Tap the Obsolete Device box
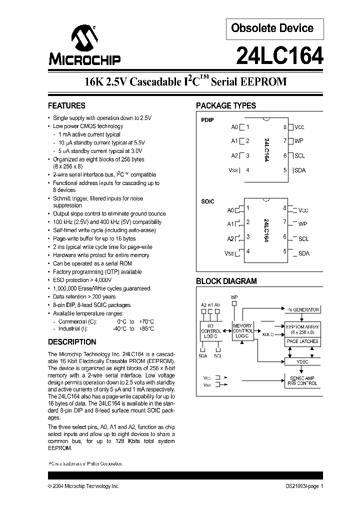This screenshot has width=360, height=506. coord(272,29)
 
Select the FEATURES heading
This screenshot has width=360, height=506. coord(66,106)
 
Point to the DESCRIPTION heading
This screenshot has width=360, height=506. coord(72,342)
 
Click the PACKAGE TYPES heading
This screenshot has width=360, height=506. coord(225,106)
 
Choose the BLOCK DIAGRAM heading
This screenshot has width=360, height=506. coord(226,281)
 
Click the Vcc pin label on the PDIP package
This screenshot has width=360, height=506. coord(299,127)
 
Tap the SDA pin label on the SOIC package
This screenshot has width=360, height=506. coord(304,253)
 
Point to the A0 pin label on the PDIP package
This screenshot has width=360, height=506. coord(234,127)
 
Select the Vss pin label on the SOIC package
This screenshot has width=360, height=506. coord(229,252)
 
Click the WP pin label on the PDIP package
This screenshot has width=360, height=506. coord(299,141)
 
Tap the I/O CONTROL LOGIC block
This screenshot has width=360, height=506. coord(210,331)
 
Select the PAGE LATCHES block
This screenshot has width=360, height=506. coord(302,341)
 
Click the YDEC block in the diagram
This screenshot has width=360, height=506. coord(302,360)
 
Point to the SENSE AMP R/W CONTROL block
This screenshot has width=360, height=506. coord(302,380)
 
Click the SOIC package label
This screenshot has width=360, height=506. coord(207,201)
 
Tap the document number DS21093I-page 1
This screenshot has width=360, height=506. coord(300,486)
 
